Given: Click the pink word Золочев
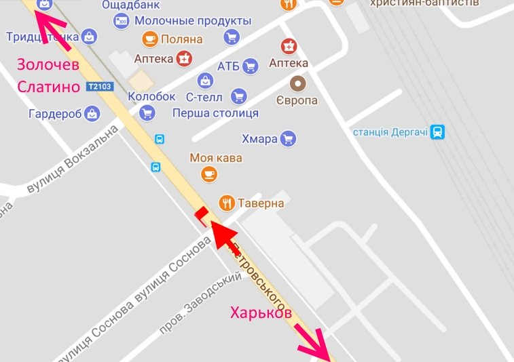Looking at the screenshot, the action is (x=48, y=65).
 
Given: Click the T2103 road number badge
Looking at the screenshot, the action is (x=99, y=87).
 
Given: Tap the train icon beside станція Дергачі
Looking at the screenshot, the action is (x=439, y=132).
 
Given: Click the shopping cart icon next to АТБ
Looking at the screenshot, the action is (x=251, y=66).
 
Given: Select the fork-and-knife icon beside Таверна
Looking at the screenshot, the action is (x=226, y=202).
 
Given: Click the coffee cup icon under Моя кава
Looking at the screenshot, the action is (x=208, y=174).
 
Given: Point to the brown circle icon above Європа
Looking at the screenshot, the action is (x=297, y=84).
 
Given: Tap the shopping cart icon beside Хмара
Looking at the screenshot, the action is (x=289, y=139).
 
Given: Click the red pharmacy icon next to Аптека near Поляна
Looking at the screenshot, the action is (x=183, y=59).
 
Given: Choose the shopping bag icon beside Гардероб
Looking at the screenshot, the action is (x=92, y=114).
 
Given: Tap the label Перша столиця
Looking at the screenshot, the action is (x=215, y=113).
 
